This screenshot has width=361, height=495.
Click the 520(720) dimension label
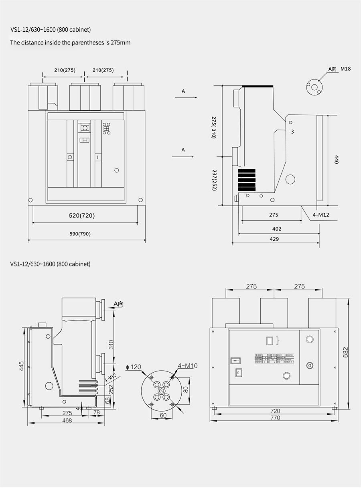pyautogui.click(x=82, y=216)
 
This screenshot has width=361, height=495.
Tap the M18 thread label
pyautogui.click(x=345, y=69)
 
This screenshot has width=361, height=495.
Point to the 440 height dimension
pyautogui.click(x=337, y=159)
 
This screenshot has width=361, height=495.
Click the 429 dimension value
pyautogui.click(x=275, y=239)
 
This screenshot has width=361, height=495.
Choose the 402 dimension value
pyautogui.click(x=276, y=229)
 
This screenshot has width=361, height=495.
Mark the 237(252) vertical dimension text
pyautogui.click(x=215, y=180)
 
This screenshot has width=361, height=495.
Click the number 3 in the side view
pyautogui.click(x=292, y=131)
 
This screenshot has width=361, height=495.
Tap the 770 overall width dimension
pyautogui.click(x=275, y=418)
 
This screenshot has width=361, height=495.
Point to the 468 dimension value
pyautogui.click(x=67, y=420)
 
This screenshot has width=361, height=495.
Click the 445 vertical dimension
pyautogui.click(x=22, y=366)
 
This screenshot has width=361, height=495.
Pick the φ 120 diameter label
pyautogui.click(x=134, y=367)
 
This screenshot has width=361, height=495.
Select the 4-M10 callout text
pyautogui.click(x=188, y=365)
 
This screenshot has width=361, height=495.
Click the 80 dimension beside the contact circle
pyautogui.click(x=186, y=389)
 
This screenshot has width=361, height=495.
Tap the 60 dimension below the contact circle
pyautogui.click(x=163, y=416)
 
